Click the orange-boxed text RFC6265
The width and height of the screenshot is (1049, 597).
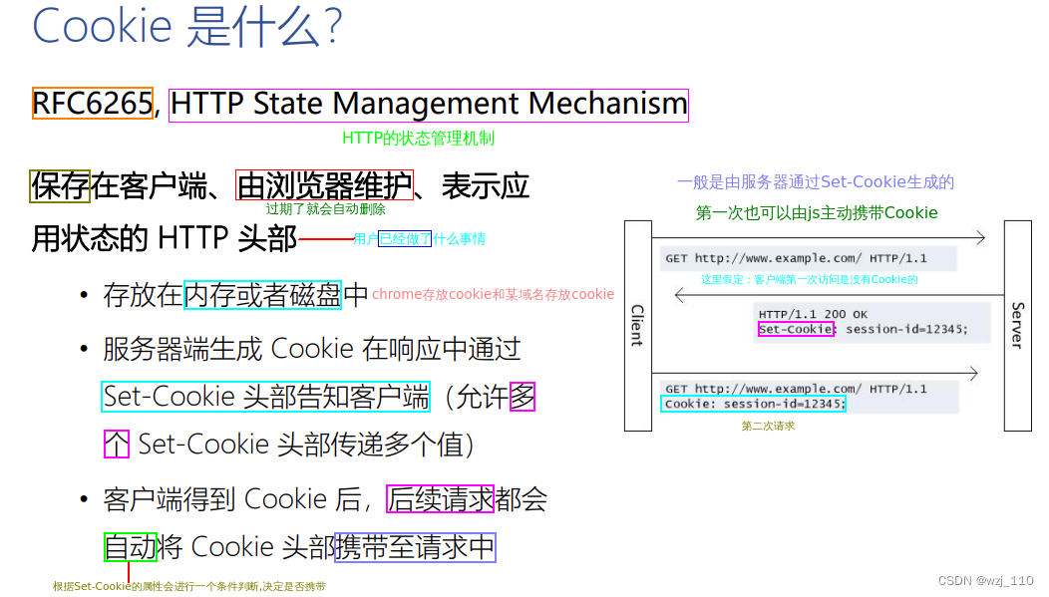click(92, 104)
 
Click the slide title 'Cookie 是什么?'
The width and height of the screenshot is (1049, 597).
click(187, 26)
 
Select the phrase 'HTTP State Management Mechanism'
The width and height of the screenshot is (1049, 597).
click(429, 104)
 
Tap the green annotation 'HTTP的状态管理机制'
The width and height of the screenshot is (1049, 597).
click(418, 139)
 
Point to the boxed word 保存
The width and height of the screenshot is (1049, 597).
click(61, 185)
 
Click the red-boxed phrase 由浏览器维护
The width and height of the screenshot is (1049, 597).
click(324, 185)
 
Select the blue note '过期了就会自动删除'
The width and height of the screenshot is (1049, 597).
click(325, 209)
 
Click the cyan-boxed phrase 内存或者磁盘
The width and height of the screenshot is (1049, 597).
click(263, 295)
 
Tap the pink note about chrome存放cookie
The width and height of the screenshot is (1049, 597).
click(493, 294)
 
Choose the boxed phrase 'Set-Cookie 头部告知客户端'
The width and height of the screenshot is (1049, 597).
click(266, 397)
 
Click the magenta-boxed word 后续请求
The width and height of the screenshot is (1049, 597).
click(441, 498)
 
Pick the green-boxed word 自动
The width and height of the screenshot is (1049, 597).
click(131, 547)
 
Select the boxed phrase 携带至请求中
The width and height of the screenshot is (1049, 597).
click(415, 547)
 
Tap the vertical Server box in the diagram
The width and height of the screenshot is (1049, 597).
click(1017, 325)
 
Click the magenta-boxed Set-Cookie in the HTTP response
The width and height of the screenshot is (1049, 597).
click(796, 329)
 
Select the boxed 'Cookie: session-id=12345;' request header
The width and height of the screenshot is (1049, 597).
click(754, 404)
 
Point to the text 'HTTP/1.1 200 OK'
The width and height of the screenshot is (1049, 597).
click(813, 315)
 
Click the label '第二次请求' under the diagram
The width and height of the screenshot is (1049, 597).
click(768, 426)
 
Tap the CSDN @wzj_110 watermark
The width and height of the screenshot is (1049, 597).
click(985, 581)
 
